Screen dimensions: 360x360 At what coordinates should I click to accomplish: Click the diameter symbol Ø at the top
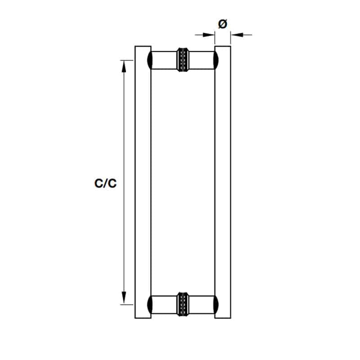(222, 24)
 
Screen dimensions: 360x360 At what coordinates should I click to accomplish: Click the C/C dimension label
(106, 184)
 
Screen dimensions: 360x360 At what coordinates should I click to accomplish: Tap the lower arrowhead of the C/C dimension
(124, 298)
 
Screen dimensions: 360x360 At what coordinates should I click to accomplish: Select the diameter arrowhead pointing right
(208, 35)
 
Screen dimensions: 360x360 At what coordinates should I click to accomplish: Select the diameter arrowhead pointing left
(237, 35)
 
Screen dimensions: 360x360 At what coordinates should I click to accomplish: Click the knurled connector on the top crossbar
(183, 60)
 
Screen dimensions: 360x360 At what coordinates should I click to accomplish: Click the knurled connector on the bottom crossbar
(183, 305)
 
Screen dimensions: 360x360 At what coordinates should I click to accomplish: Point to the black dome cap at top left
(149, 60)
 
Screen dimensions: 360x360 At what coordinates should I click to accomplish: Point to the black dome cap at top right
(216, 60)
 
